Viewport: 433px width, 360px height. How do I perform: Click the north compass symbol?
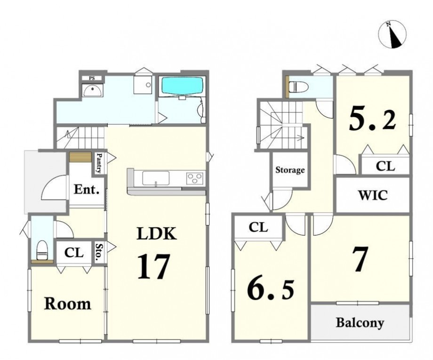tap(392, 34)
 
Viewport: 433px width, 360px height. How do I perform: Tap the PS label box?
tap(92, 79)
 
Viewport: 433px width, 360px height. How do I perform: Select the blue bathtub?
tap(182, 86)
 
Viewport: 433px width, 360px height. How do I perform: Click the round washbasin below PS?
tap(92, 90)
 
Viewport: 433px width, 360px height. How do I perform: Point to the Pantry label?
tap(98, 163)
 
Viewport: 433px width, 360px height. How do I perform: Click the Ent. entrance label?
tap(87, 190)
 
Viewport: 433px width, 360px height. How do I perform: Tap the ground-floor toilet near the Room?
tap(42, 250)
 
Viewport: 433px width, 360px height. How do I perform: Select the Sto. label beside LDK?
tap(98, 252)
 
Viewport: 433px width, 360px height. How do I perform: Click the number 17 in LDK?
tap(153, 266)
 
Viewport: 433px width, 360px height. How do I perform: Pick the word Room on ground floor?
tap(68, 304)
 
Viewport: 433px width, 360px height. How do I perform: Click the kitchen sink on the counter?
tap(156, 178)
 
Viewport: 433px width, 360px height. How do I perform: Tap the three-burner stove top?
tap(195, 178)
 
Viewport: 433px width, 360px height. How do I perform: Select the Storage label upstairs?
tap(290, 170)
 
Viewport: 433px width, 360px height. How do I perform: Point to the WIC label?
tap(373, 195)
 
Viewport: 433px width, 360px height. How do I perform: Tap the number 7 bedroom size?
tap(361, 259)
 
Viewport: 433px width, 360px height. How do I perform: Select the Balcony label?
tap(360, 322)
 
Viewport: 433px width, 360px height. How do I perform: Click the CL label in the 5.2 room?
tap(385, 166)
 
